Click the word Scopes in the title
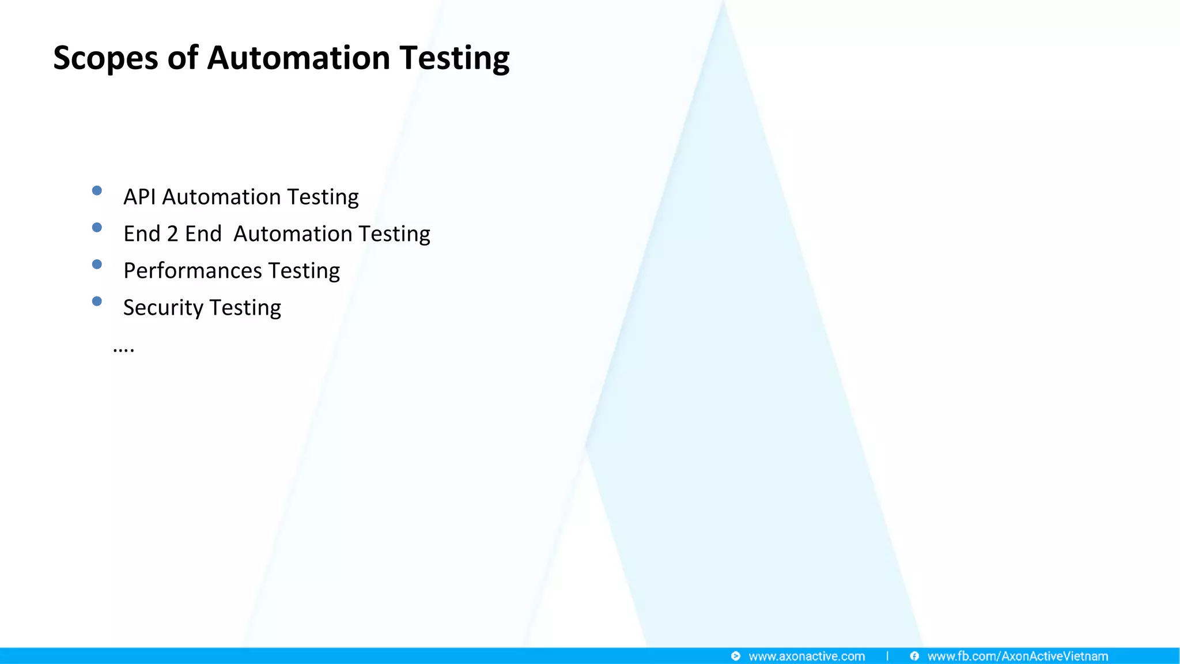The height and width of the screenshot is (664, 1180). (x=105, y=59)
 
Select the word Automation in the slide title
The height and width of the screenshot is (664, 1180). (x=298, y=59)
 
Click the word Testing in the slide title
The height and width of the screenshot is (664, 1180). (x=455, y=59)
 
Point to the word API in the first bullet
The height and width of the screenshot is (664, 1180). (x=139, y=197)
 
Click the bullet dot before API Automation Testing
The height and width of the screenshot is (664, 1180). (x=97, y=191)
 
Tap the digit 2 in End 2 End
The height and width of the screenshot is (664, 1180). (x=172, y=234)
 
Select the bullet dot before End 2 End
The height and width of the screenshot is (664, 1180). (x=97, y=228)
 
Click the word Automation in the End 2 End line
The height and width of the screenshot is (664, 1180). (x=293, y=234)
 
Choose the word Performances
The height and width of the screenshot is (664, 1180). (x=192, y=271)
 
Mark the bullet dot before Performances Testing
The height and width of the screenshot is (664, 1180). (x=97, y=265)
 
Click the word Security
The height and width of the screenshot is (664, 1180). (x=163, y=308)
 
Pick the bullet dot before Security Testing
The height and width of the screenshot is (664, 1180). (x=97, y=301)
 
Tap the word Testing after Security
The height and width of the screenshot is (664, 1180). (x=245, y=308)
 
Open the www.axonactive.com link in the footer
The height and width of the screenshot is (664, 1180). (x=807, y=657)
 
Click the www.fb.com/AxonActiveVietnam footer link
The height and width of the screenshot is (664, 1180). (x=1018, y=657)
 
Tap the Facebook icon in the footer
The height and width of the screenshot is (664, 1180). (x=914, y=657)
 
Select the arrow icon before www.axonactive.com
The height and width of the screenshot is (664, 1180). (x=736, y=657)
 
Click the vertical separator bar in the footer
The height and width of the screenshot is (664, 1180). (x=887, y=656)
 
